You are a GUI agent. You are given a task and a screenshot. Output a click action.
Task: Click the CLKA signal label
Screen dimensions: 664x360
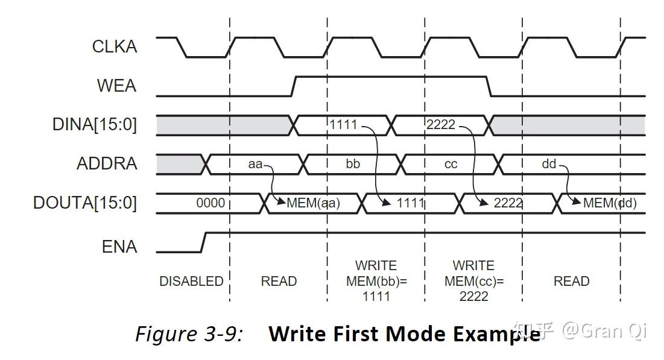pyautogui.click(x=115, y=46)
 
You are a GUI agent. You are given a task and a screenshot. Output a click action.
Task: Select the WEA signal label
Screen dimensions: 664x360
pyautogui.click(x=117, y=86)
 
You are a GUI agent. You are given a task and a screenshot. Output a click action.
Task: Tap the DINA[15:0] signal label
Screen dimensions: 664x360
pyautogui.click(x=95, y=124)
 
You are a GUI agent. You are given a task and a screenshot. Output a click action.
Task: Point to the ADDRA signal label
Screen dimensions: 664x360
pyautogui.click(x=107, y=163)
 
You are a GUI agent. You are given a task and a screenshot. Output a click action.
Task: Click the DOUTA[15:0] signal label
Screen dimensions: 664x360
pyautogui.click(x=85, y=203)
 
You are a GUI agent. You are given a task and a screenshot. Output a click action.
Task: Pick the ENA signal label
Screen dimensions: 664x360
pyautogui.click(x=119, y=247)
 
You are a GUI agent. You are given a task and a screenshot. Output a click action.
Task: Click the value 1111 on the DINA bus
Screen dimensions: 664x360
pyautogui.click(x=343, y=124)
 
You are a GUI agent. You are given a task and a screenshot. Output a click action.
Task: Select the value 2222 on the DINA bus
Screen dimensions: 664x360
pyautogui.click(x=441, y=124)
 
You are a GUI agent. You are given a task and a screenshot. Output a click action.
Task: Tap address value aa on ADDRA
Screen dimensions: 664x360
pyautogui.click(x=255, y=164)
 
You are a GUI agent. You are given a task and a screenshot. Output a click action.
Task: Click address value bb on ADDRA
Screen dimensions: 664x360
pyautogui.click(x=353, y=164)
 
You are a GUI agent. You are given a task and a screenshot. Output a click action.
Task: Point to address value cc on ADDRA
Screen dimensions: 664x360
pyautogui.click(x=451, y=165)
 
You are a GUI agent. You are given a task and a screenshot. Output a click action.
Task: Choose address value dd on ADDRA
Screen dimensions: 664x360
pyautogui.click(x=549, y=164)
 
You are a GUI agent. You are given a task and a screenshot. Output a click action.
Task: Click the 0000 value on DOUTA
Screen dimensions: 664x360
pyautogui.click(x=210, y=203)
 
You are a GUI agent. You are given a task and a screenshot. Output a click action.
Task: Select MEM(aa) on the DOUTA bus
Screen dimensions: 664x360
pyautogui.click(x=314, y=203)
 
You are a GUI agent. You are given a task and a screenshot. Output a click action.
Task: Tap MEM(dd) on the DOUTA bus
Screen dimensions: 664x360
pyautogui.click(x=610, y=203)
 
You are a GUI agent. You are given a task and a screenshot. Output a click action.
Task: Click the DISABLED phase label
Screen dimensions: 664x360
pyautogui.click(x=191, y=281)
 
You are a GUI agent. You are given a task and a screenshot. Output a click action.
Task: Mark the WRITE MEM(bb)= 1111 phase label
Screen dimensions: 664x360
pyautogui.click(x=376, y=281)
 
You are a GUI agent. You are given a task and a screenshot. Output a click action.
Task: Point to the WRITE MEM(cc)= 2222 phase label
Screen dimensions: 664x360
pyautogui.click(x=474, y=281)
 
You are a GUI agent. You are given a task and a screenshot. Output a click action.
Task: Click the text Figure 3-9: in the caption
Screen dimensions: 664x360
pyautogui.click(x=189, y=334)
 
